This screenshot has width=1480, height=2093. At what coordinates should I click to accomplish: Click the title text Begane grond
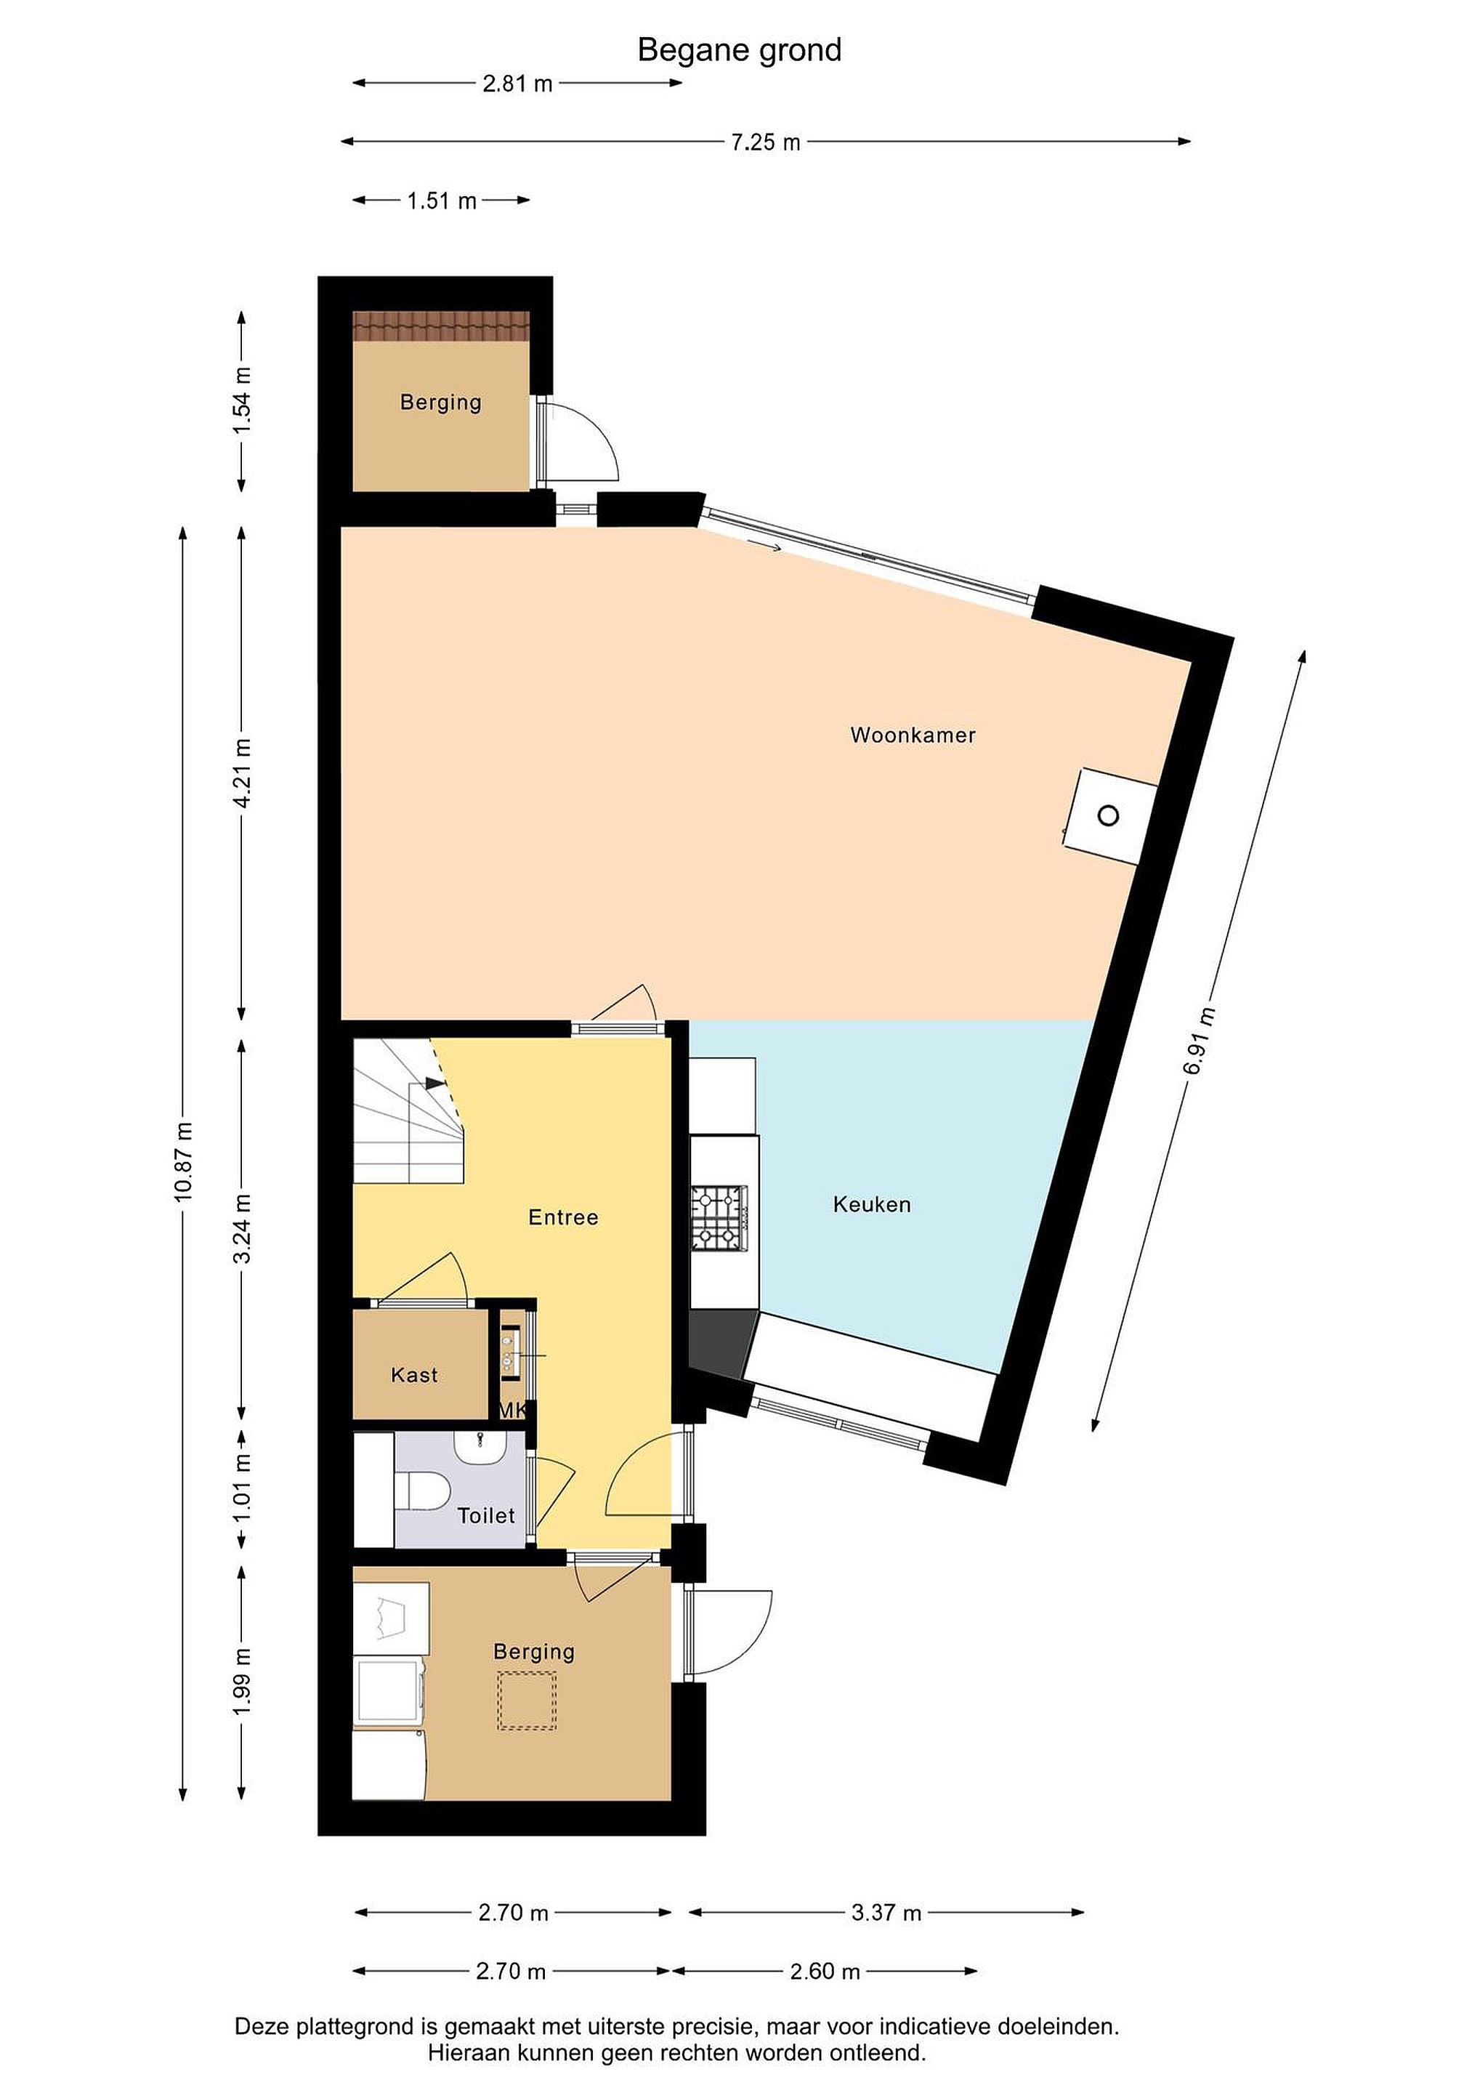739,50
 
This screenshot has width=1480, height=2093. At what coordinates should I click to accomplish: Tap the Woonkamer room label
913,735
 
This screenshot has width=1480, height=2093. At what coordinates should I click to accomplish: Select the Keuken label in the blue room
871,1204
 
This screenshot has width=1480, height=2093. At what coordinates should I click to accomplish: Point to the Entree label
563,1217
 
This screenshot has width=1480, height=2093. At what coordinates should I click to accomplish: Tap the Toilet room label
486,1515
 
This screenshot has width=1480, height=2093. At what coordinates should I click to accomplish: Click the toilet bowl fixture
422,1491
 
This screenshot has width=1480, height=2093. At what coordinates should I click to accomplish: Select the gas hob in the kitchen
719,1217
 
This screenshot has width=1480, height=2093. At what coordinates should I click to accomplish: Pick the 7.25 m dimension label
766,142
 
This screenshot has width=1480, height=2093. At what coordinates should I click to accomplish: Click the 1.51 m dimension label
442,201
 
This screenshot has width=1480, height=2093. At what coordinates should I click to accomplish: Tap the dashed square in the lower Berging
526,1702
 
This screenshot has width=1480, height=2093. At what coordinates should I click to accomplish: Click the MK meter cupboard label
512,1410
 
